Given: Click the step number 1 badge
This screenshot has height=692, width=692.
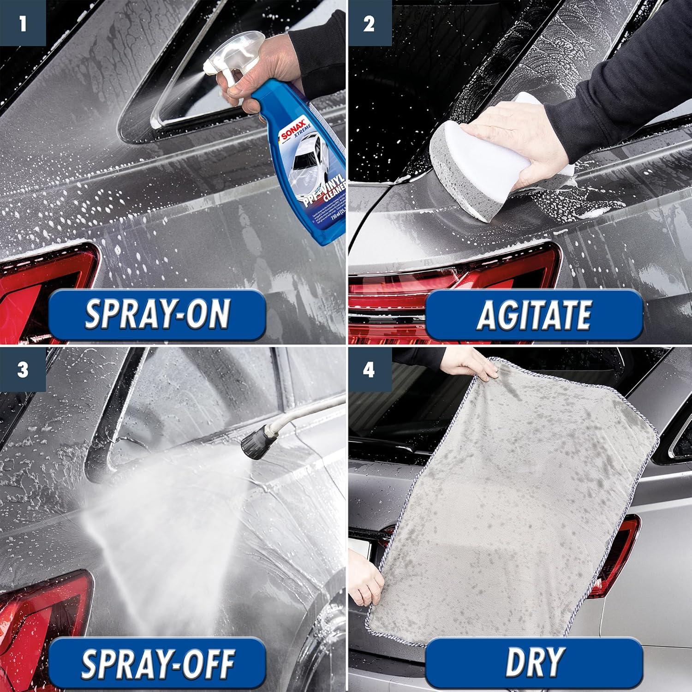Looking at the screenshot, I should [23, 23].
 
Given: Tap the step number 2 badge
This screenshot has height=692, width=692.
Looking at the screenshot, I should [369, 23].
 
